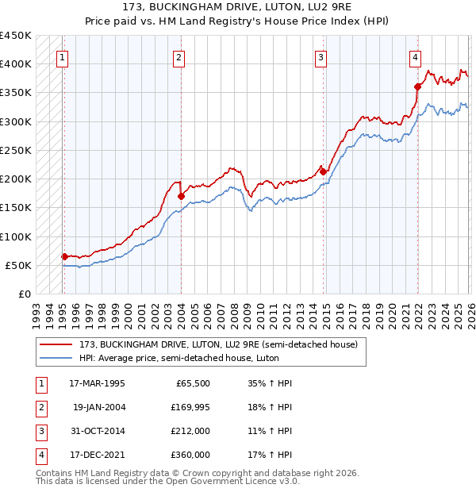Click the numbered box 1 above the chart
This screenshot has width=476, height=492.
(x=62, y=56)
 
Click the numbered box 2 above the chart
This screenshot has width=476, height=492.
(x=179, y=56)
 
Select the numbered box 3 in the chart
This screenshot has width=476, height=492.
(x=321, y=56)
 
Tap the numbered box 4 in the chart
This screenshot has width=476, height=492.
(x=415, y=56)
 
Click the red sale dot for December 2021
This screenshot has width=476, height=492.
(x=417, y=86)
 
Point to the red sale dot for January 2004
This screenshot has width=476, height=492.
(x=181, y=196)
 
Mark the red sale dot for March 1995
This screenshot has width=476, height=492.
(x=64, y=256)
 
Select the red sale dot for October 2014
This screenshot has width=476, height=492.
(x=323, y=171)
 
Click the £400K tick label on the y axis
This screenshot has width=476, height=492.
(x=16, y=63)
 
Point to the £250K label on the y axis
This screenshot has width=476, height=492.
(x=16, y=150)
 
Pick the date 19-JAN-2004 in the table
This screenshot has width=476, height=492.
(x=98, y=407)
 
